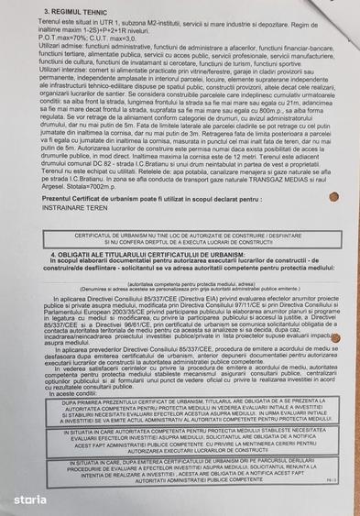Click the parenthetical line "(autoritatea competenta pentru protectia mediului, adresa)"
[x=179, y=283]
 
